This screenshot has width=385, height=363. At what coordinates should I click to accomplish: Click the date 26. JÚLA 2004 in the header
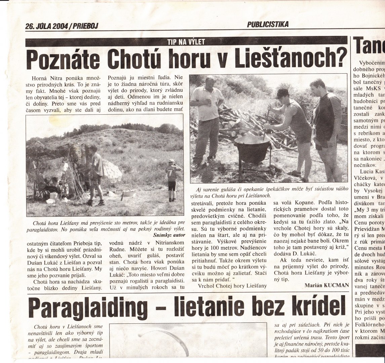(46, 26)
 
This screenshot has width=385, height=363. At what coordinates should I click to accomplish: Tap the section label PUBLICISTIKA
(268, 24)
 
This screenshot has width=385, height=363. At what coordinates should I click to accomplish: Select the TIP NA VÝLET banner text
(186, 42)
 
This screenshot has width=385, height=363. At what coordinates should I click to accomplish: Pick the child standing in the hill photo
(172, 180)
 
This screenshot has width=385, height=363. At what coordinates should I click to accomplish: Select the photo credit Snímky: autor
(169, 235)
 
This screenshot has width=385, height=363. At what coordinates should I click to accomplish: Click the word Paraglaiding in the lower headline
(88, 308)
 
